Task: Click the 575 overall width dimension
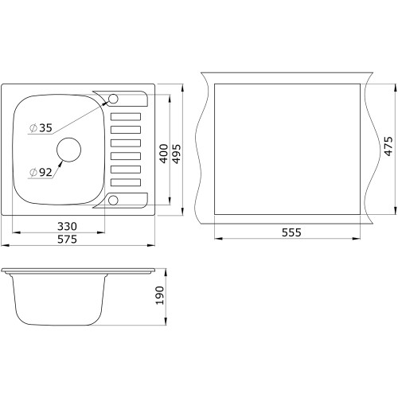67,240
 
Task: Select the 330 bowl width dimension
67,226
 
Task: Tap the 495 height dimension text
176,154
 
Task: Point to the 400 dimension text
164,154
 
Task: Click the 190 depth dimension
160,295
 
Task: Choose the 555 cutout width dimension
291,232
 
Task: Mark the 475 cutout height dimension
388,146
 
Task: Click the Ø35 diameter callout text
41,128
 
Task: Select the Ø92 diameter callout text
41,173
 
